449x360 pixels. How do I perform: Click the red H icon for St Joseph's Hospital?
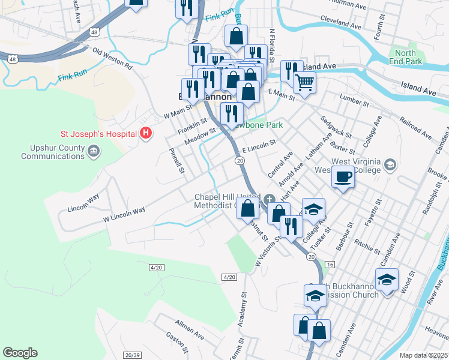(x=144, y=133)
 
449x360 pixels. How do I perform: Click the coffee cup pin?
(x=343, y=176)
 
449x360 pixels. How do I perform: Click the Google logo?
(x=20, y=353)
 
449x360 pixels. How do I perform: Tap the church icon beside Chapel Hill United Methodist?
(x=270, y=199)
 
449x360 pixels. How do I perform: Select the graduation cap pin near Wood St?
(x=387, y=280)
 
